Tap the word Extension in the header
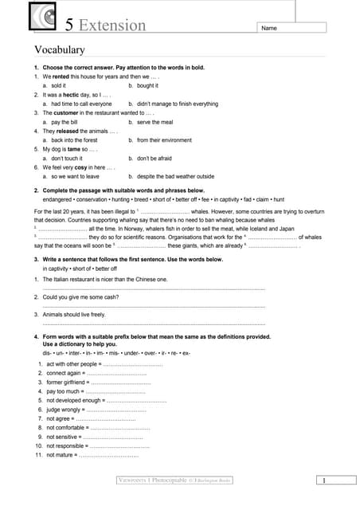[112, 25]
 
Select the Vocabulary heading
[59, 50]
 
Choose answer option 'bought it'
[147, 84]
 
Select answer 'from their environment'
[164, 140]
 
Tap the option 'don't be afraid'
[155, 159]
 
